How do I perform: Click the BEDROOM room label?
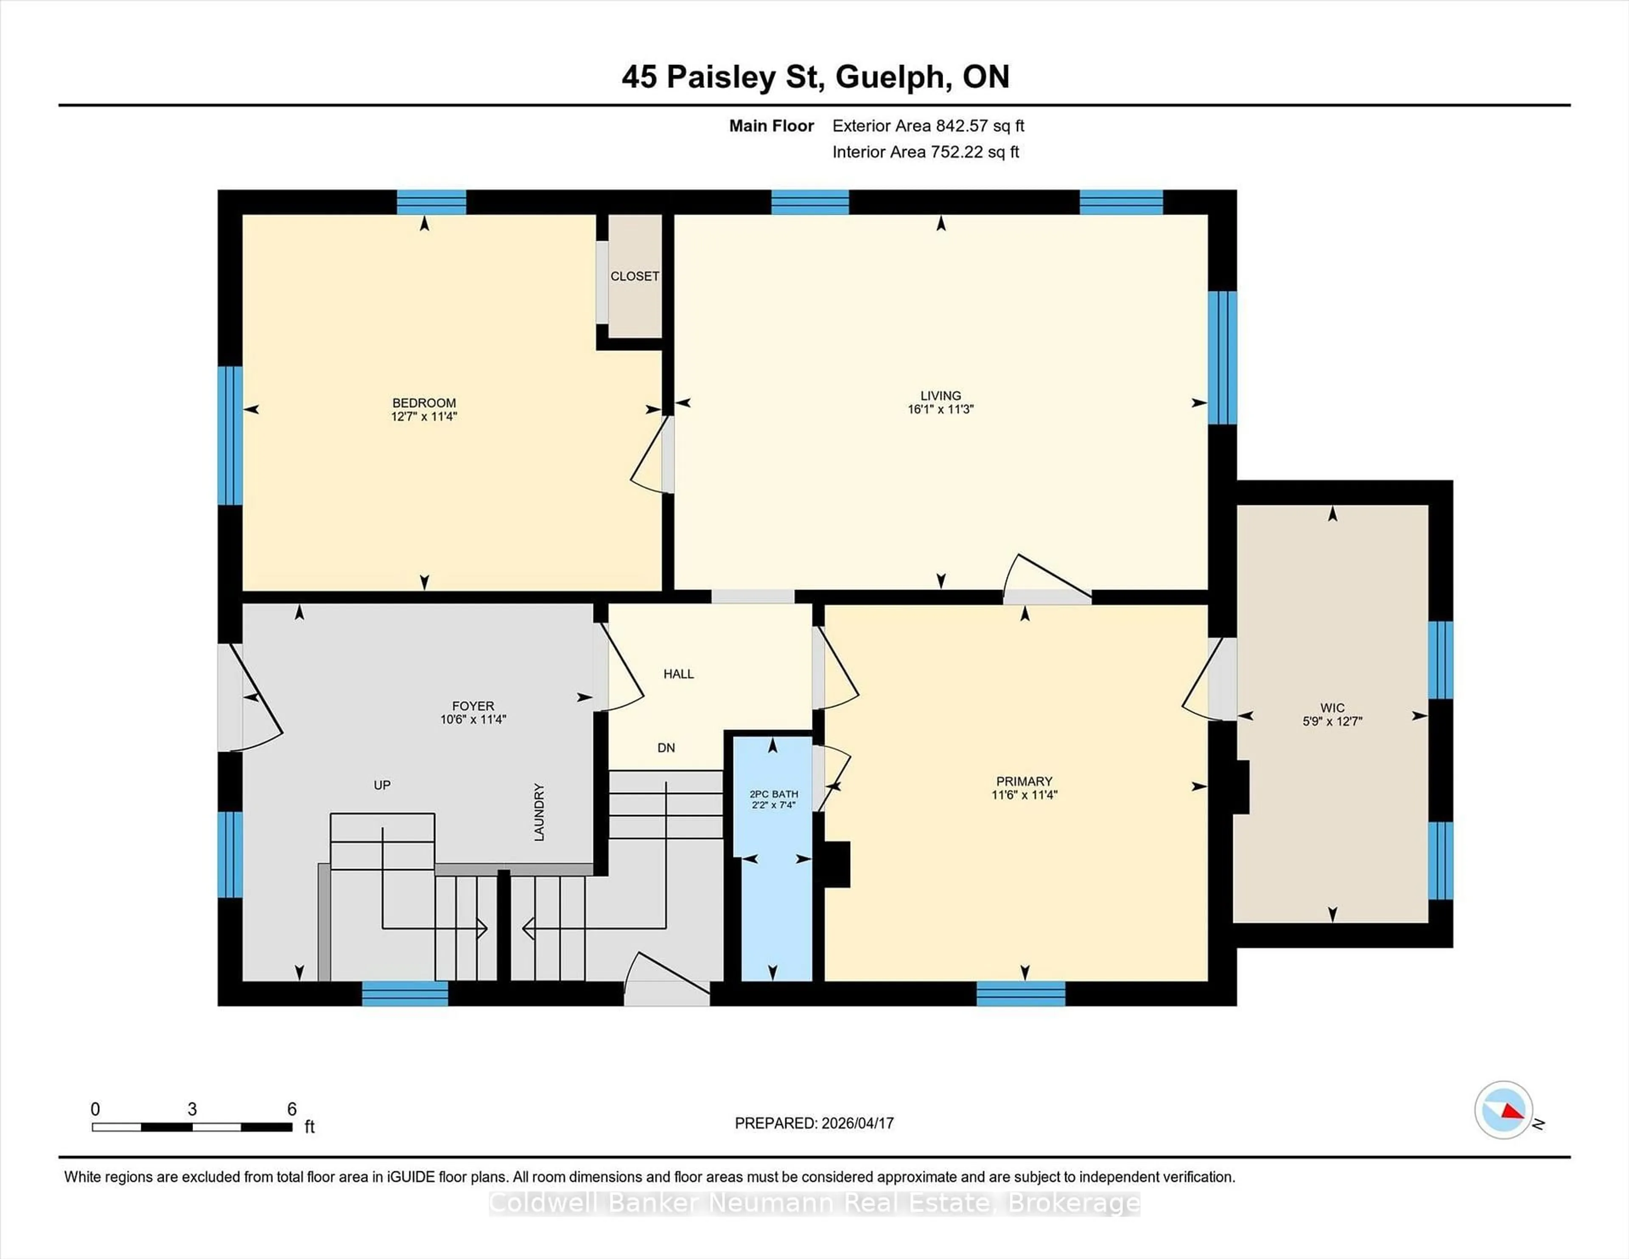click(424, 403)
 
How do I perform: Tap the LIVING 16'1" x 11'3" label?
click(940, 402)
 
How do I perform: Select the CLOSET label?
click(635, 276)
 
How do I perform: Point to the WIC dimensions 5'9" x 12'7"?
click(1332, 721)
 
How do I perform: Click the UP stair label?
click(382, 785)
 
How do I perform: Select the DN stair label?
click(666, 747)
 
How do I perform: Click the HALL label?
click(679, 674)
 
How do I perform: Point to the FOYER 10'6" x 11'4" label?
click(473, 712)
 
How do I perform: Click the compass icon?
click(1503, 1110)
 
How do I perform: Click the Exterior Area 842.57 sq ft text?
click(928, 126)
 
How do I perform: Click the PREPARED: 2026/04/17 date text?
click(814, 1123)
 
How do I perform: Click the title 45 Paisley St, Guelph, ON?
click(815, 77)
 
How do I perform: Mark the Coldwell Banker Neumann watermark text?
click(814, 1203)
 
